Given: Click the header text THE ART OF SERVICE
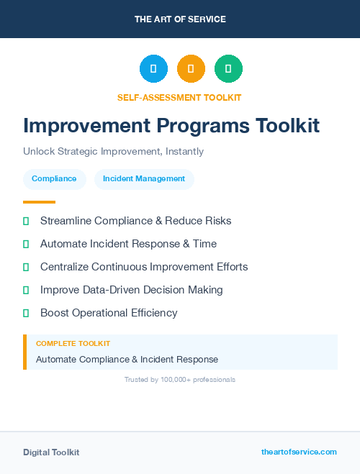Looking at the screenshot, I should pos(180,19).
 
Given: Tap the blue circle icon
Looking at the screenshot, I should pos(153,69).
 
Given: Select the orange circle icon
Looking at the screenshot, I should pos(191,69).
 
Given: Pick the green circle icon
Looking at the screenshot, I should pos(228,69).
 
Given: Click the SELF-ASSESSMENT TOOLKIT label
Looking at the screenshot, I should pos(179,97).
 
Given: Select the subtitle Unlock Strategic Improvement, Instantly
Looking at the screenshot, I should pos(113,152).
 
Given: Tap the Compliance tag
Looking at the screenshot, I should pos(54,179).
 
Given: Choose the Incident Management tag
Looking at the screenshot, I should pos(144,179).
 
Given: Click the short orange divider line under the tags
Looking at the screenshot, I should pos(39,202).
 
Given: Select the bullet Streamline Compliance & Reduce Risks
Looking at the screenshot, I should pos(135,221).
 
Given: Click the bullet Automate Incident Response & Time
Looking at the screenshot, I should pos(128,244).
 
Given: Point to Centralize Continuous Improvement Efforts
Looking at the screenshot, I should pos(144,267).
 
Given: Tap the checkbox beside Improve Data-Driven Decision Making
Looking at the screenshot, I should pos(26,290).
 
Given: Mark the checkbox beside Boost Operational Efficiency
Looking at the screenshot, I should pos(26,313).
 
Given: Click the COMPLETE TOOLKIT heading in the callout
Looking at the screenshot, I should pos(73,344).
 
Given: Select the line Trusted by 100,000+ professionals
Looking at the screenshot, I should pos(180,379).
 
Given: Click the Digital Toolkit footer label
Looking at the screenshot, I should pos(51,452).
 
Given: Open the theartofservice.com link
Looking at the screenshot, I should pos(299,452).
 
